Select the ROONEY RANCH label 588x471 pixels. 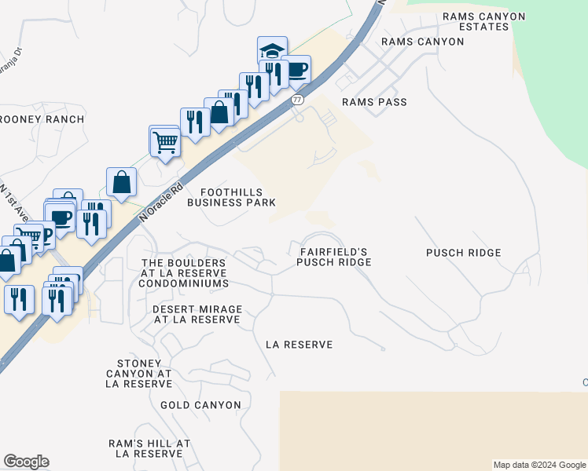(41, 119)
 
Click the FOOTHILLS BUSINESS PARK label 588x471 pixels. (231, 197)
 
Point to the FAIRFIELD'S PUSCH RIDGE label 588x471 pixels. (334, 257)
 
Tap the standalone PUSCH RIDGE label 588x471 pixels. (463, 253)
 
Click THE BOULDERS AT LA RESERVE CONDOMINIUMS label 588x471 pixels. (184, 273)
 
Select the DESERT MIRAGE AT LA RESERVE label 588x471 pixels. (197, 315)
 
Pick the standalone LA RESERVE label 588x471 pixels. (299, 345)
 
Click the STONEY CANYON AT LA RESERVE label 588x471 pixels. (138, 374)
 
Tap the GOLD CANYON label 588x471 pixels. (200, 405)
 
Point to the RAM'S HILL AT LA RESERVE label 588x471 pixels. (149, 448)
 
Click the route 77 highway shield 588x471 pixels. (296, 100)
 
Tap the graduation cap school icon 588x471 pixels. (272, 51)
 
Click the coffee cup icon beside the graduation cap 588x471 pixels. (296, 70)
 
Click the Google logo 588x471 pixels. (26, 462)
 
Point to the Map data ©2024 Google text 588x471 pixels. (538, 465)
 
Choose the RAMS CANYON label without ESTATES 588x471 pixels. (422, 41)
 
